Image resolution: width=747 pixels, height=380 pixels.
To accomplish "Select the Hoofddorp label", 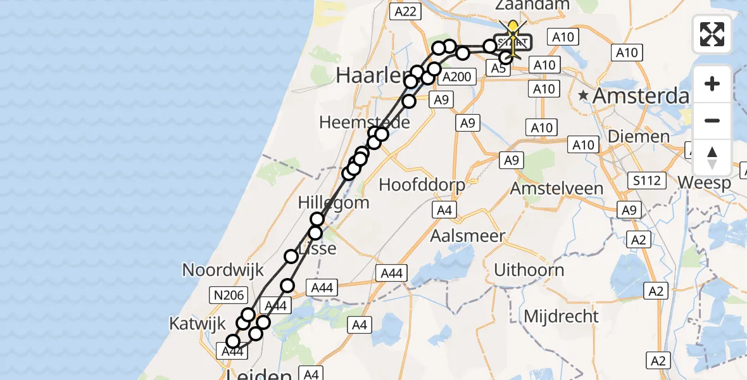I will coord(422,185).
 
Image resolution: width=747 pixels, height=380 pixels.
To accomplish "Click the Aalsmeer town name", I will coord(467,236).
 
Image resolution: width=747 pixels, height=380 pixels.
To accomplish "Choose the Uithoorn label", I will coord(529,270).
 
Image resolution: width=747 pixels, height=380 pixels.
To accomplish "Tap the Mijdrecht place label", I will coord(562,316).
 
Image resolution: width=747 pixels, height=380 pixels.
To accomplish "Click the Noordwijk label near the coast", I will coord(223,270).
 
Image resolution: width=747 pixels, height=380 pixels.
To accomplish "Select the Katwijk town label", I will coord(197,324).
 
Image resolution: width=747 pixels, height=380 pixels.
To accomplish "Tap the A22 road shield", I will coord(405,11).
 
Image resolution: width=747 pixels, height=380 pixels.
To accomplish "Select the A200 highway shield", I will coord(456,77).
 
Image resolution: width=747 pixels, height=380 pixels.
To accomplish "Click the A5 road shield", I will coord(498,68).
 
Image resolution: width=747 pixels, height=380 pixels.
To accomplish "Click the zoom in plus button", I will coord(712,84).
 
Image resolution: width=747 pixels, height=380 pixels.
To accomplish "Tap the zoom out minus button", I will coord(712,120).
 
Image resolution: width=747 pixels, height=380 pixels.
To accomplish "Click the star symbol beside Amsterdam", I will coord(584,96).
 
